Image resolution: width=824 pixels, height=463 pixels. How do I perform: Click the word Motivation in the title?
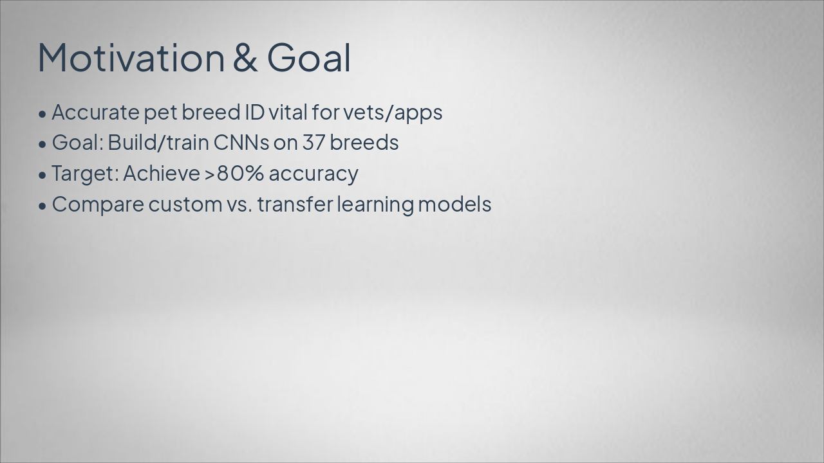point(131,57)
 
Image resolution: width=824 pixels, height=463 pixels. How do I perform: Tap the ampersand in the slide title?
point(245,57)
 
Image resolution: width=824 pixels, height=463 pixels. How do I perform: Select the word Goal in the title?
point(309,57)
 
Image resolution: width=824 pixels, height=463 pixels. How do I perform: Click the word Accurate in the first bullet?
point(95,112)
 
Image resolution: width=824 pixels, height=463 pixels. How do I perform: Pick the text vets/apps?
point(393,113)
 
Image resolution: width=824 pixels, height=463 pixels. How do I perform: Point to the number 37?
point(314,143)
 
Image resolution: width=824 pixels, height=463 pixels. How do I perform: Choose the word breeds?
point(364,143)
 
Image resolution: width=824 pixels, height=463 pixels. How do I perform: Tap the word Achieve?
point(162,174)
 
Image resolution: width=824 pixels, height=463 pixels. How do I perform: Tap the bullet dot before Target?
point(42,175)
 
